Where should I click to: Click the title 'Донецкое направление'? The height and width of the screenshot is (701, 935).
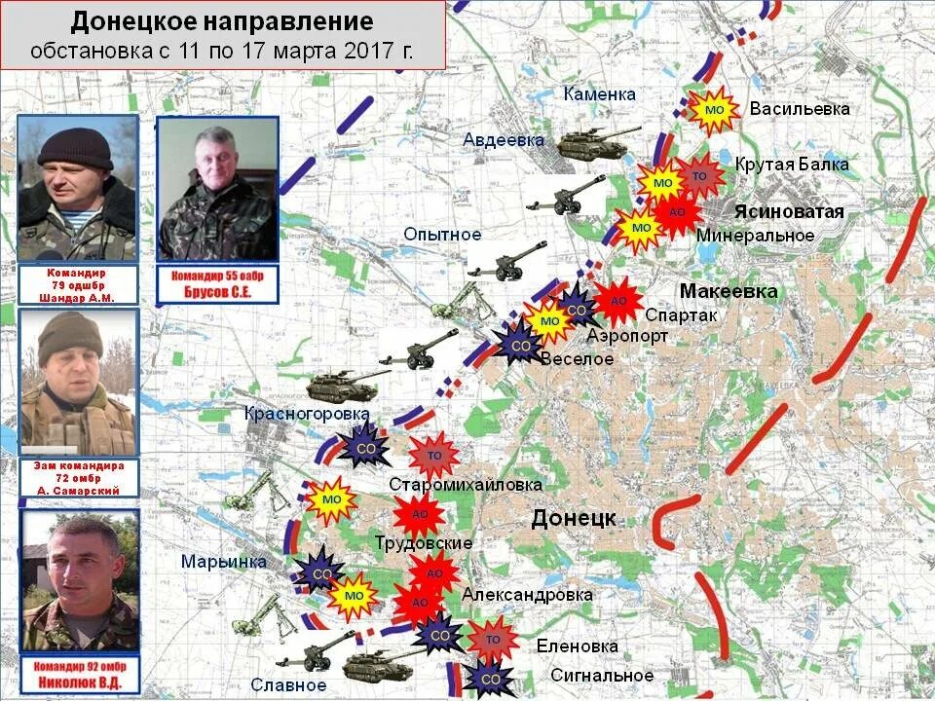(222, 20)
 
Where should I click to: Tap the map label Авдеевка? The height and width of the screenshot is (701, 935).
(503, 140)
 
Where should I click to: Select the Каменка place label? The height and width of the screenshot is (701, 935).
(599, 94)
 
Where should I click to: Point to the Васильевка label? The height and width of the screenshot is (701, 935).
(799, 109)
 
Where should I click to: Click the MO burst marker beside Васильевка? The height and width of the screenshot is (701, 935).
(714, 110)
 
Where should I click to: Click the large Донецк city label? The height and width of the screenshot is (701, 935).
(574, 518)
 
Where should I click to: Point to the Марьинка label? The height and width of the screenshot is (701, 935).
(223, 562)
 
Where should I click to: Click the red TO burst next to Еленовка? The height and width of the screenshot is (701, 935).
(493, 640)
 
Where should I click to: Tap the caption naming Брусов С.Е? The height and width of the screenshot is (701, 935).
(218, 283)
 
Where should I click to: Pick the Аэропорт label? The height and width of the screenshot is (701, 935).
(627, 336)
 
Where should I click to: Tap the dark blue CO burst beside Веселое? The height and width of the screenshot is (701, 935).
(521, 345)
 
